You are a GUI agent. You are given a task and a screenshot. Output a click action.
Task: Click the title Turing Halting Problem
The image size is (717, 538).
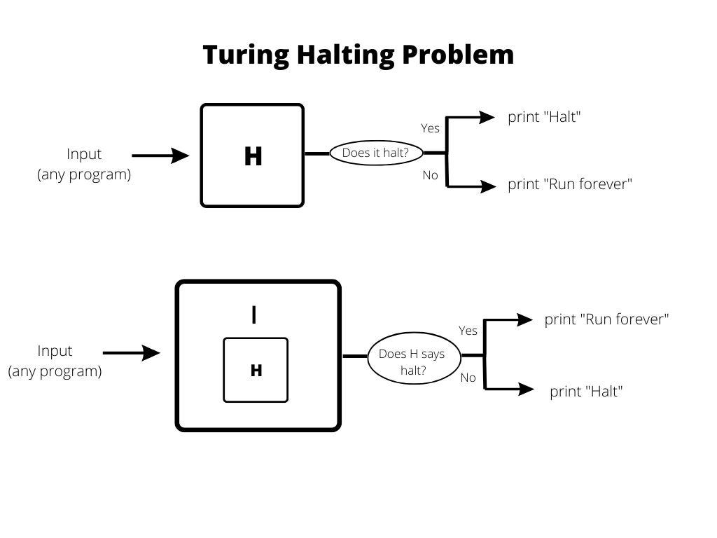pyautogui.click(x=358, y=55)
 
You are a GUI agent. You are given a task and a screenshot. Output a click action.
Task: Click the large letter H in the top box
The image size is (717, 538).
pyautogui.click(x=253, y=157)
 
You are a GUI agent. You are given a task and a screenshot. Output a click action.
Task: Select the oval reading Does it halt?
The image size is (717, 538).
pyautogui.click(x=375, y=153)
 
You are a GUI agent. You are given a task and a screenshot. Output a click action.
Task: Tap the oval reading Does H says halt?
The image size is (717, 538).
pyautogui.click(x=412, y=362)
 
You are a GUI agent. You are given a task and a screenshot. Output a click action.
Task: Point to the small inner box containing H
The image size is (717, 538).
pyautogui.click(x=256, y=370)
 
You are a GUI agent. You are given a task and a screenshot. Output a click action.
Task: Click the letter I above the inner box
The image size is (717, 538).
pyautogui.click(x=253, y=316)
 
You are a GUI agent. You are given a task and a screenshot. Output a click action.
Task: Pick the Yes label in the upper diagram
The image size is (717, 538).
pyautogui.click(x=430, y=128)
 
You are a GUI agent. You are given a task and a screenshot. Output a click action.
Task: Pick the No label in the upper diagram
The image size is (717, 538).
pyautogui.click(x=430, y=175)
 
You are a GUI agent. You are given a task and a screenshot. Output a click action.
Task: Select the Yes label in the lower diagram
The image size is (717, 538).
pyautogui.click(x=468, y=331)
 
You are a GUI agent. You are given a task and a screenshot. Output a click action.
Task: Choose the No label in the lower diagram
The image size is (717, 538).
pyautogui.click(x=468, y=378)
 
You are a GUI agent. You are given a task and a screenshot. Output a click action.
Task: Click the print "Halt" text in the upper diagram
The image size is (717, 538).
pyautogui.click(x=544, y=117)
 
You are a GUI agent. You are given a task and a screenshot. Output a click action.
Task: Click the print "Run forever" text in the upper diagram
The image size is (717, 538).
pyautogui.click(x=570, y=185)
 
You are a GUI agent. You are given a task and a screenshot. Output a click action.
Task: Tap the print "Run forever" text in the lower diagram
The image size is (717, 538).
pyautogui.click(x=606, y=319)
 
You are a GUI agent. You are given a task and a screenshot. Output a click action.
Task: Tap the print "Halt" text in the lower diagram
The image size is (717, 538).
pyautogui.click(x=585, y=392)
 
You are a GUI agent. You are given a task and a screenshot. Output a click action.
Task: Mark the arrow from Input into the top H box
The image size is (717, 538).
pyautogui.click(x=160, y=156)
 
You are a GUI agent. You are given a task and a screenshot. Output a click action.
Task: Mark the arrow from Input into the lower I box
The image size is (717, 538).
pyautogui.click(x=132, y=353)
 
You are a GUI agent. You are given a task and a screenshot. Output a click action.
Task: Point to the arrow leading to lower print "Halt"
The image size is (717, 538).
pyautogui.click(x=510, y=389)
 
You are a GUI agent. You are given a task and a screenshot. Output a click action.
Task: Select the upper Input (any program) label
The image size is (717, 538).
pyautogui.click(x=84, y=164)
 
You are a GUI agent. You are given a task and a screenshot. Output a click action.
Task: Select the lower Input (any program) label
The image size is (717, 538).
pyautogui.click(x=55, y=361)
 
